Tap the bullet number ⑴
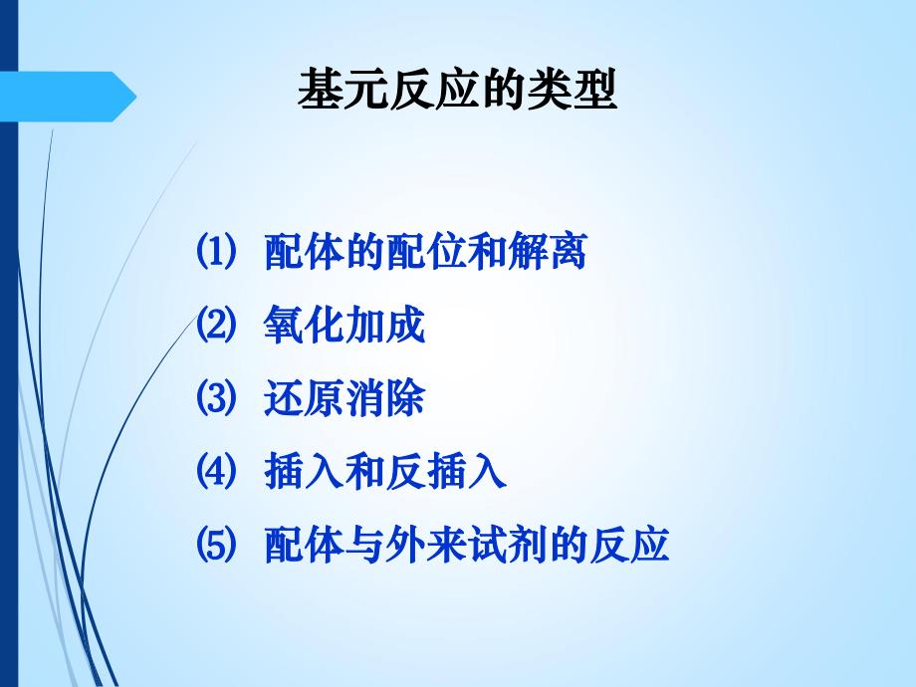[x=216, y=253]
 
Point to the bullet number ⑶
[x=216, y=399]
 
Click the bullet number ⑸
[x=216, y=545]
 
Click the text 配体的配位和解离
[x=424, y=253]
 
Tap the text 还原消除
[x=344, y=399]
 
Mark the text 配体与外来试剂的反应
[x=465, y=545]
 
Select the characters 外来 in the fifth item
[x=445, y=545]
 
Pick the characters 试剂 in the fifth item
[x=526, y=545]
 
